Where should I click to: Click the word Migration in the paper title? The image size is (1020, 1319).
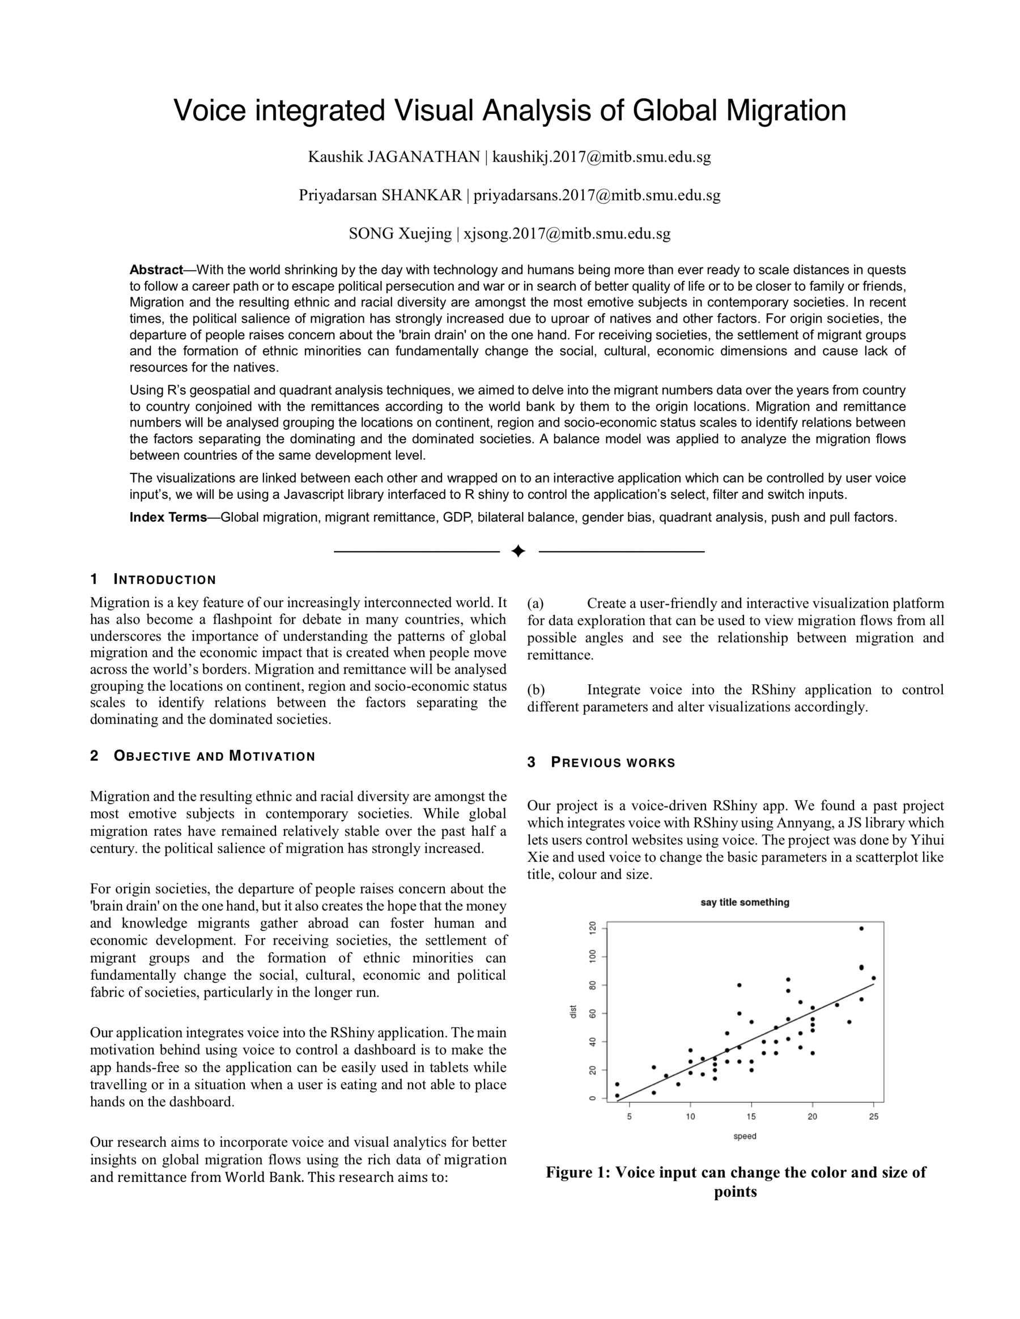pyautogui.click(x=785, y=110)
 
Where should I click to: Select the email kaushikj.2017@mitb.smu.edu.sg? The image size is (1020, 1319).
pyautogui.click(x=601, y=157)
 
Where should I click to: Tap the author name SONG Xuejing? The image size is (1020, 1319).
pyautogui.click(x=400, y=234)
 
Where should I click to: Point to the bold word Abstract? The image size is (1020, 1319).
pyautogui.click(x=156, y=270)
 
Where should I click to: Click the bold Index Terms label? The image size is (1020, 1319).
pyautogui.click(x=168, y=518)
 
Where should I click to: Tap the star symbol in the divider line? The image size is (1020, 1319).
pyautogui.click(x=518, y=552)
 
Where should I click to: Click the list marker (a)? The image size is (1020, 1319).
pyautogui.click(x=535, y=603)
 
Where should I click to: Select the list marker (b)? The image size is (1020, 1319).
pyautogui.click(x=535, y=690)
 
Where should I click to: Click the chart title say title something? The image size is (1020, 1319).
pyautogui.click(x=745, y=902)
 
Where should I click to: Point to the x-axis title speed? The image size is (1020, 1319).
pyautogui.click(x=745, y=1136)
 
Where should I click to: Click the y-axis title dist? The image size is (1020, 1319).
pyautogui.click(x=573, y=1011)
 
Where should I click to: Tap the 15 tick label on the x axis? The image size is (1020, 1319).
pyautogui.click(x=751, y=1116)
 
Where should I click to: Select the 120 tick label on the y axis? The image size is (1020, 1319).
pyautogui.click(x=592, y=928)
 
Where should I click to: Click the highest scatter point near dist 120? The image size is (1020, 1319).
pyautogui.click(x=861, y=928)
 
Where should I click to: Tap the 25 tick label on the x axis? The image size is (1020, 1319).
pyautogui.click(x=873, y=1116)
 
